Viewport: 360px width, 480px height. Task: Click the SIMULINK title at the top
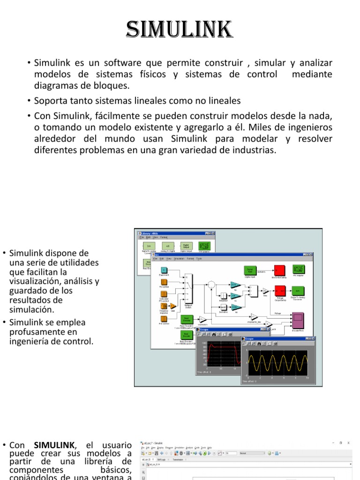point(180,30)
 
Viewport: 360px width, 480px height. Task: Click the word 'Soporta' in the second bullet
point(50,101)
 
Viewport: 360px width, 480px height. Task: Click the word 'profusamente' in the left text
point(32,332)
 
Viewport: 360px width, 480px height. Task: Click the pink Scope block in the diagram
point(298,321)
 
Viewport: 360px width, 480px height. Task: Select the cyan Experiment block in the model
point(164,270)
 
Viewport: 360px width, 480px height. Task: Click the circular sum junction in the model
point(211,284)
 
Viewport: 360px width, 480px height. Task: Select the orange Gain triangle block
point(172,306)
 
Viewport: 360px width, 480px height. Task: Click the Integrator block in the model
point(224,295)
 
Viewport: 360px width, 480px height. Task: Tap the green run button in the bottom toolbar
point(204,453)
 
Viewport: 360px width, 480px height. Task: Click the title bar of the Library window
point(173,233)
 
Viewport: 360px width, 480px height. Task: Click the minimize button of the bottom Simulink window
point(334,442)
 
